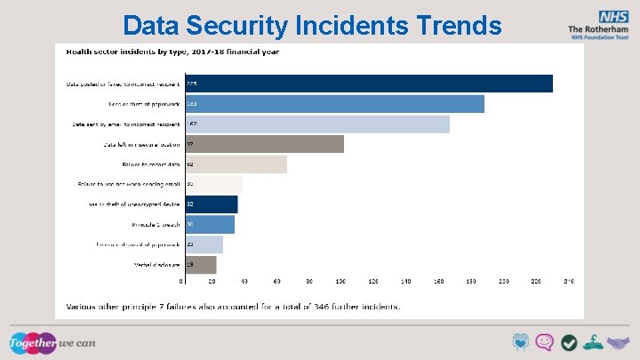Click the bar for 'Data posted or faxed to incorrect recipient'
click(368, 84)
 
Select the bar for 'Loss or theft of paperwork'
click(333, 104)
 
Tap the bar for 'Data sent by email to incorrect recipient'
click(316, 124)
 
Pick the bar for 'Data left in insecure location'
click(263, 144)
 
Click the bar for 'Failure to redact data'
click(235, 164)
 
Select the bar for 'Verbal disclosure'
click(200, 265)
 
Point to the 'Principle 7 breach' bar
click(209, 225)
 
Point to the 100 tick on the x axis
click(342, 281)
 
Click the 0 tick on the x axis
click(181, 281)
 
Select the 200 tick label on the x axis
click(503, 281)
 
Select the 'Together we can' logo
click(52, 342)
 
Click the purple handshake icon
click(617, 343)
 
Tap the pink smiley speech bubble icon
click(545, 343)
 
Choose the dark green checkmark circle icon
click(569, 343)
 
